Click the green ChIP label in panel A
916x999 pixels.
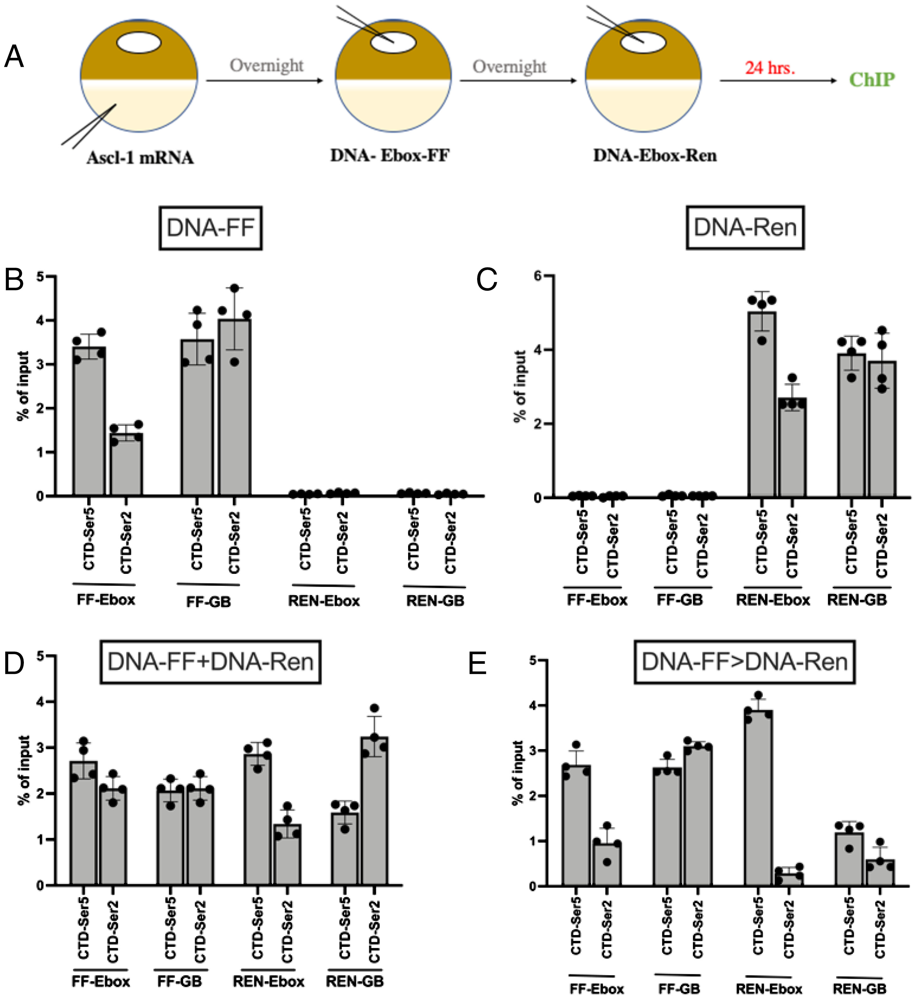[x=871, y=79]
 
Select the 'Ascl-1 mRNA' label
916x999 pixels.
[x=140, y=158]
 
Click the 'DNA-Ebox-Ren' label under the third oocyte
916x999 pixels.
[x=655, y=155]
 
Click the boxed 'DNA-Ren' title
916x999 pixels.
[x=745, y=227]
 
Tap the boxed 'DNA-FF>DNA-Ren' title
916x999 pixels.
[x=744, y=662]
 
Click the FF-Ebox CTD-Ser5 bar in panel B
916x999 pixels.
[x=89, y=421]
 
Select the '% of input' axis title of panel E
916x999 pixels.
[x=518, y=773]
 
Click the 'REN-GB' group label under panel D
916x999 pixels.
[x=355, y=981]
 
